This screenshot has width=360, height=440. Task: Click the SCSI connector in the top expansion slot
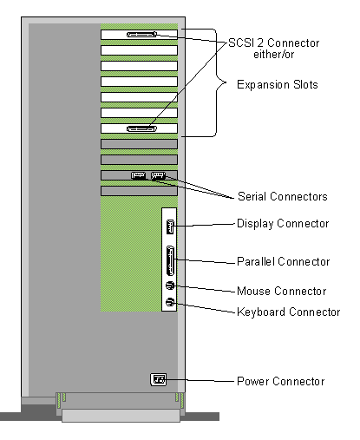point(141,35)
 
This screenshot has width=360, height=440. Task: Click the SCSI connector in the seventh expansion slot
point(141,128)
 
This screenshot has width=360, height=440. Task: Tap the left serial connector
point(138,175)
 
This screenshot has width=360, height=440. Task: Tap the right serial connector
point(158,175)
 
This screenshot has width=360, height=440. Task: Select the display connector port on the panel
point(170,227)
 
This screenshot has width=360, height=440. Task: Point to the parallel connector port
point(170,260)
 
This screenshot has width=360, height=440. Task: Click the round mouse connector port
point(170,286)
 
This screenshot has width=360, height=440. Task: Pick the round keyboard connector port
point(170,302)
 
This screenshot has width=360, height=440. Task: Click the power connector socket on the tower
point(159,379)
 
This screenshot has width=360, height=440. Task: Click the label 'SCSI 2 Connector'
point(273,43)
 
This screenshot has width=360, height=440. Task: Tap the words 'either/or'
point(274,55)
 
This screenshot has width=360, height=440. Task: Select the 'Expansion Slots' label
point(278,85)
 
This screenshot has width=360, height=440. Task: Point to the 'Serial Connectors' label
point(283,196)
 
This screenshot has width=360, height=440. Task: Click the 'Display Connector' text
point(283,224)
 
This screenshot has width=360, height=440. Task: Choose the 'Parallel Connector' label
point(284,261)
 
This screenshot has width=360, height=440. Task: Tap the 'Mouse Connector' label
point(282,291)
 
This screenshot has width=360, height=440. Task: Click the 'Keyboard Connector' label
point(289,312)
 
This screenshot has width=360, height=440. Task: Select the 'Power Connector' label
point(281,381)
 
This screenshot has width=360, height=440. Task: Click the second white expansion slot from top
point(139,50)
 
